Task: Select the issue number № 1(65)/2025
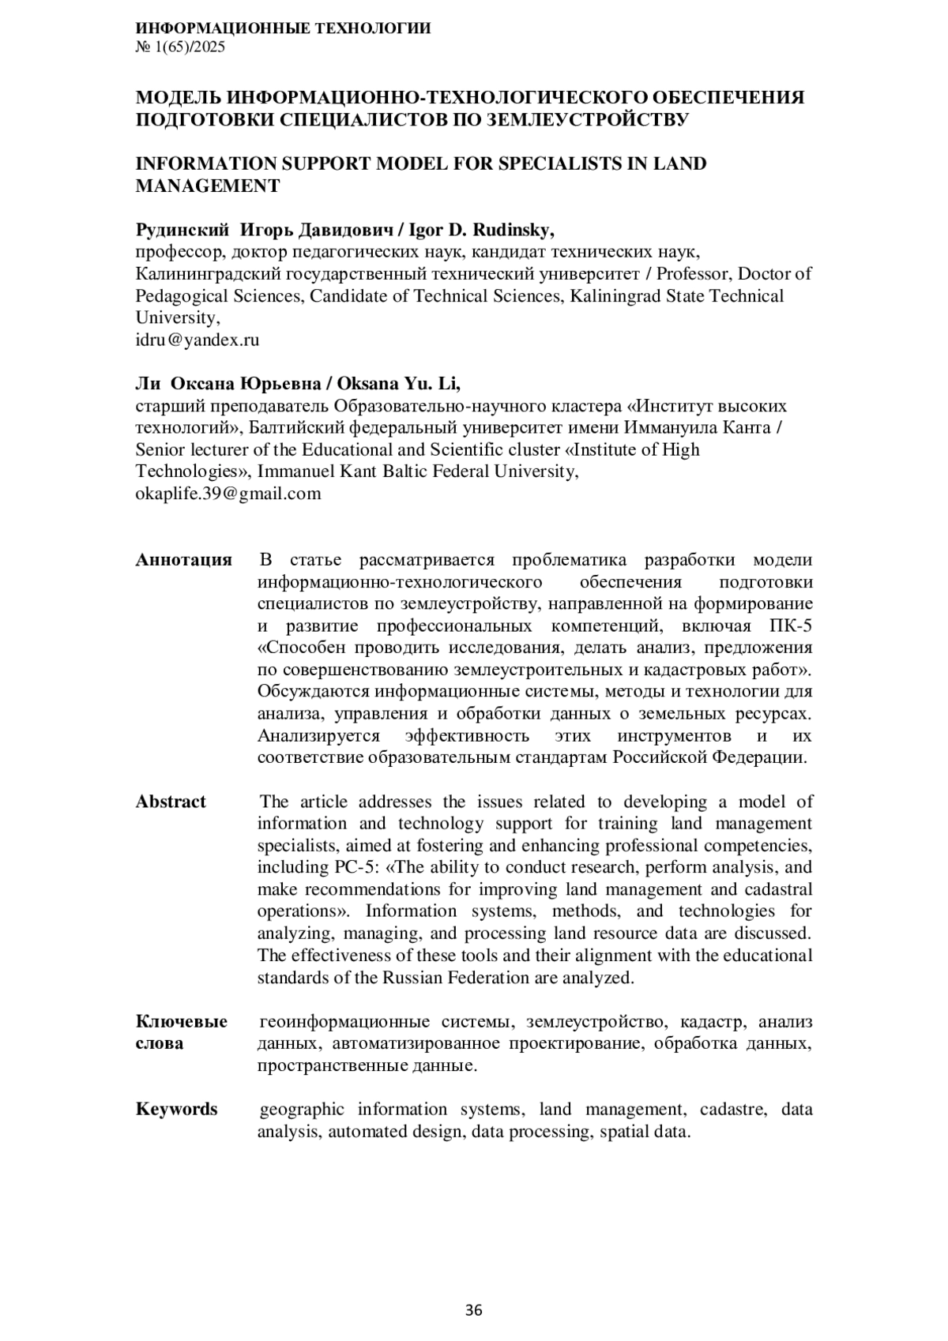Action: click(180, 47)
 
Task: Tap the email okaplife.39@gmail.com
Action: click(228, 494)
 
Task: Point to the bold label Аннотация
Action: click(184, 560)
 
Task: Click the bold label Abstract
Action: click(171, 802)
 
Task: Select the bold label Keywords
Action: click(176, 1109)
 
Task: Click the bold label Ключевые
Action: click(182, 1022)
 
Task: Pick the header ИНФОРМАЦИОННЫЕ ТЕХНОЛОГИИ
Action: click(283, 28)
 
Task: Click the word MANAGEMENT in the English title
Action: click(208, 186)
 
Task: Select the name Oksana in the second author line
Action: click(366, 384)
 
